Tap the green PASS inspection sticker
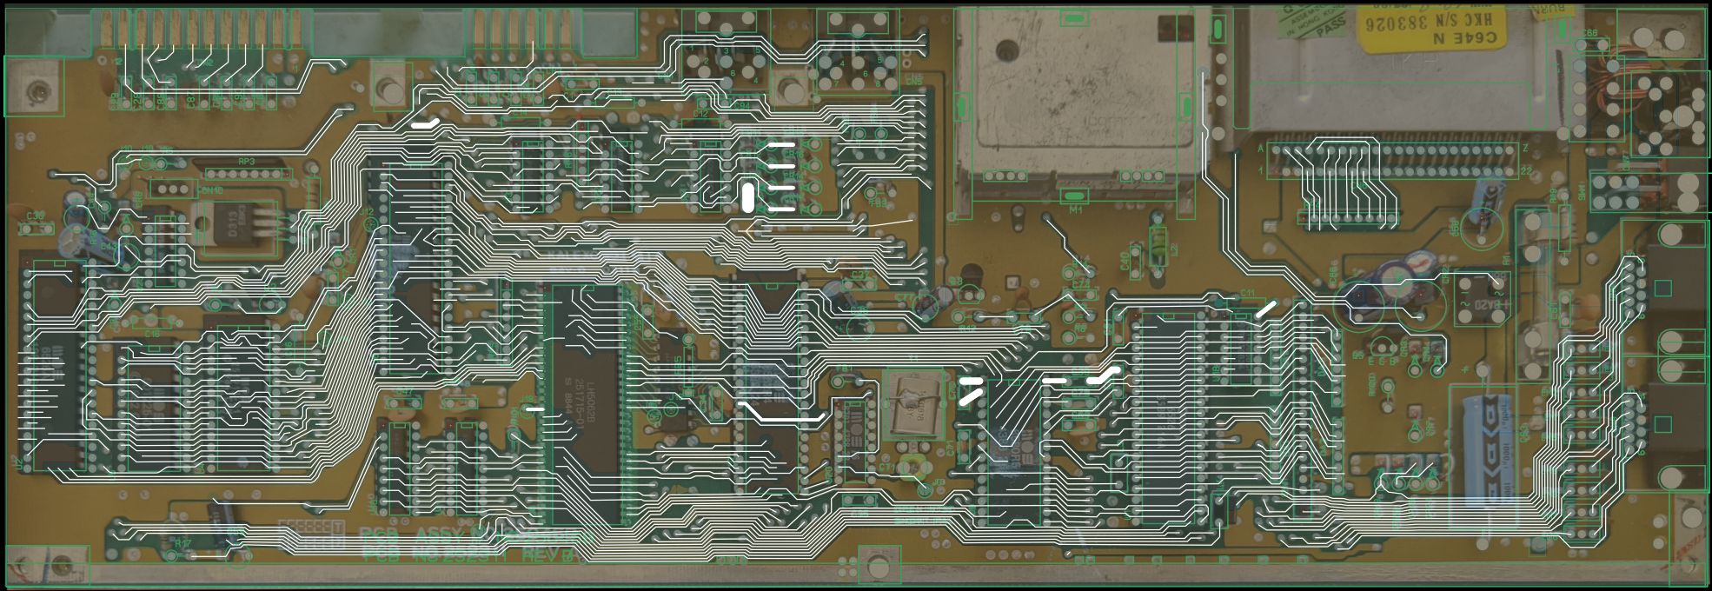coord(1330,26)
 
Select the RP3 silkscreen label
coord(246,163)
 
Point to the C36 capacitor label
coord(35,216)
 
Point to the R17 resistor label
coord(182,544)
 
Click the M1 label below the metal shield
coord(1075,210)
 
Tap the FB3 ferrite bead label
coord(879,203)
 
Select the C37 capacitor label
coord(190,102)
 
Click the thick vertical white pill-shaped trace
coord(748,197)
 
